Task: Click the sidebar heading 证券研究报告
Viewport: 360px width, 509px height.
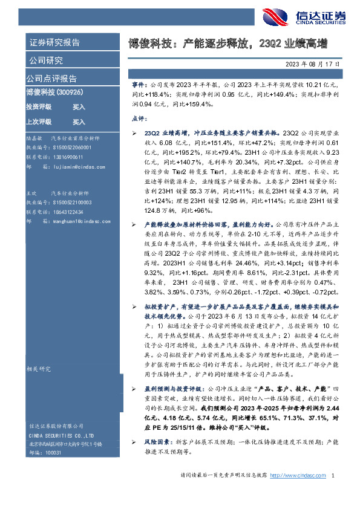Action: coord(54,42)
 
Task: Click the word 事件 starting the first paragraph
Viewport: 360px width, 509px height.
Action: coord(139,86)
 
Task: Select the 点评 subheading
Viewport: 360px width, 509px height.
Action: coord(139,120)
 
